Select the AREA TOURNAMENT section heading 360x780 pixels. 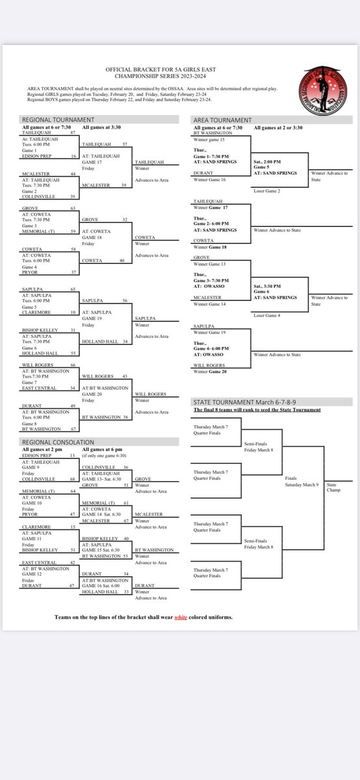tap(222, 120)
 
